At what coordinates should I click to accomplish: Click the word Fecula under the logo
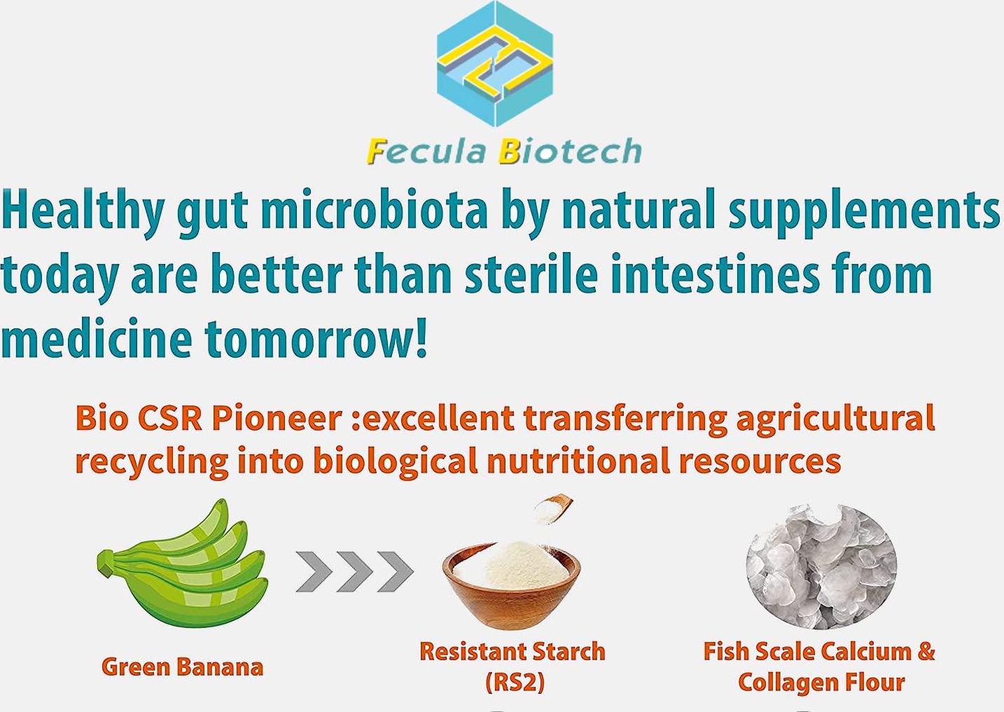(x=426, y=151)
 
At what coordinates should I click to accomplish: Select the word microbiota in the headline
(x=374, y=209)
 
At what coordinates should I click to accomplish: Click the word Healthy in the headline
(x=83, y=209)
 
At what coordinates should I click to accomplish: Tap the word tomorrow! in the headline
(x=316, y=338)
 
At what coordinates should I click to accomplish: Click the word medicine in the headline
(x=96, y=338)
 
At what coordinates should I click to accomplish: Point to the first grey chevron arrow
(x=313, y=571)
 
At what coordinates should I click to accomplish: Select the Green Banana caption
(x=182, y=666)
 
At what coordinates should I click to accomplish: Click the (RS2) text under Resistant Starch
(x=515, y=682)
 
